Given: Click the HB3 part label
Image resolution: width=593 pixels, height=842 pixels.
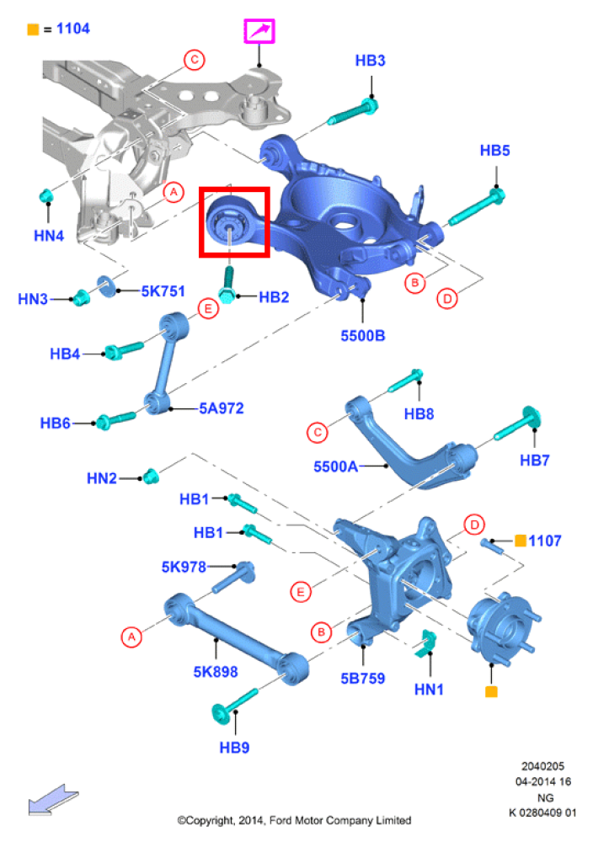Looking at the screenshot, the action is (x=370, y=61).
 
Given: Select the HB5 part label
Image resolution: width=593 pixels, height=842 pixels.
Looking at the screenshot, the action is (x=494, y=151).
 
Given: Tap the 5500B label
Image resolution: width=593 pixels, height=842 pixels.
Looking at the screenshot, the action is (x=362, y=336).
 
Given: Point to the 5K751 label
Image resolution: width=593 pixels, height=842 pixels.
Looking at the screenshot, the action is (x=163, y=291).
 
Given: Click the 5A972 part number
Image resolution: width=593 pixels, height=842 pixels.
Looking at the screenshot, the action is (x=222, y=408).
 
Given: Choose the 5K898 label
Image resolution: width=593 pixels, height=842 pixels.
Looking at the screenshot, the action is (x=216, y=671).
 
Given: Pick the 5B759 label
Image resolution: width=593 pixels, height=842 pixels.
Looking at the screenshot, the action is (x=362, y=678).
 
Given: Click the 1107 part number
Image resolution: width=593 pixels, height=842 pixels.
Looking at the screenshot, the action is (x=545, y=541).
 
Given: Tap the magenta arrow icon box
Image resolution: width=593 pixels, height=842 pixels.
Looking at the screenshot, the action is (x=259, y=31).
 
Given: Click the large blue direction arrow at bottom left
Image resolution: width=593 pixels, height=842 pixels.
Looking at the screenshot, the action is (x=52, y=799).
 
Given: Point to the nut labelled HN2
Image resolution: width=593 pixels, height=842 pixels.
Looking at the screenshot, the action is (x=151, y=476).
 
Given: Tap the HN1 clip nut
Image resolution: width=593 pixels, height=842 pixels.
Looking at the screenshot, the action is (x=426, y=643).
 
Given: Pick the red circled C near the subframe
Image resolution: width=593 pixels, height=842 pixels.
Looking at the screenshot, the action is (x=194, y=59).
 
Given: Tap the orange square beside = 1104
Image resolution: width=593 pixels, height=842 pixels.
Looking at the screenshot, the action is (x=33, y=29).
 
